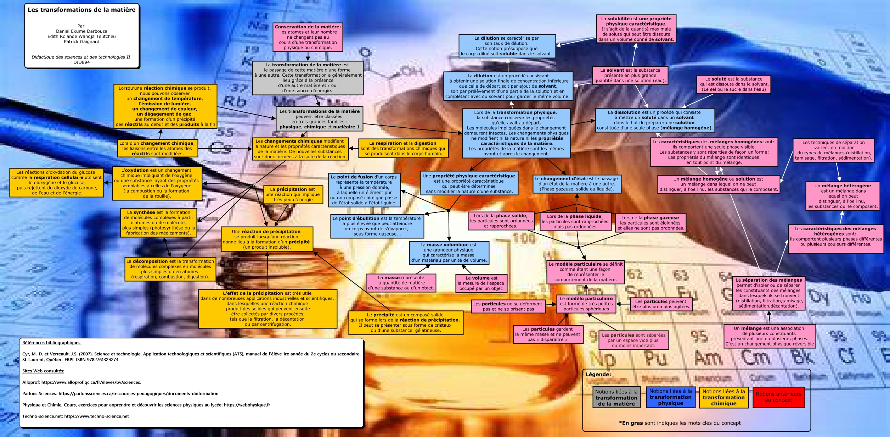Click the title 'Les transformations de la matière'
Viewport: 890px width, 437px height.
[x=81, y=10]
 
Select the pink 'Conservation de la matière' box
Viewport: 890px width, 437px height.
[x=308, y=37]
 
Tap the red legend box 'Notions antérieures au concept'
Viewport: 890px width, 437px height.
[x=778, y=397]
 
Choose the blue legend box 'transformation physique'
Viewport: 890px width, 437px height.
[x=670, y=397]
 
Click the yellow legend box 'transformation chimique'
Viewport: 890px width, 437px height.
[x=723, y=397]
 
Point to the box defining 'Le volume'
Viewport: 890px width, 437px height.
[x=481, y=283]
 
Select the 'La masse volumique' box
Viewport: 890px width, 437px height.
[x=449, y=253]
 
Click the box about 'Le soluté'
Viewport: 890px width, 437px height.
[x=733, y=84]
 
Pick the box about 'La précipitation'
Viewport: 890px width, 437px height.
[x=293, y=194]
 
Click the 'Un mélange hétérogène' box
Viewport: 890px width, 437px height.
[x=842, y=196]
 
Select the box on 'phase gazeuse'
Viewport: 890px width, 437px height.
[x=650, y=223]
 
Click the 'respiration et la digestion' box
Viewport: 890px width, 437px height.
[x=402, y=148]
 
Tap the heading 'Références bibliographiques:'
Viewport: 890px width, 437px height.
[x=52, y=343]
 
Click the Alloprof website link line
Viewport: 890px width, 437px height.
[x=81, y=382]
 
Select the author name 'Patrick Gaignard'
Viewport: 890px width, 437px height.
[x=81, y=42]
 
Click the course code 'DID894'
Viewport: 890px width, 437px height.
[x=81, y=62]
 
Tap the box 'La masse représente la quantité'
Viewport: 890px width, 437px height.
[x=401, y=283]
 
